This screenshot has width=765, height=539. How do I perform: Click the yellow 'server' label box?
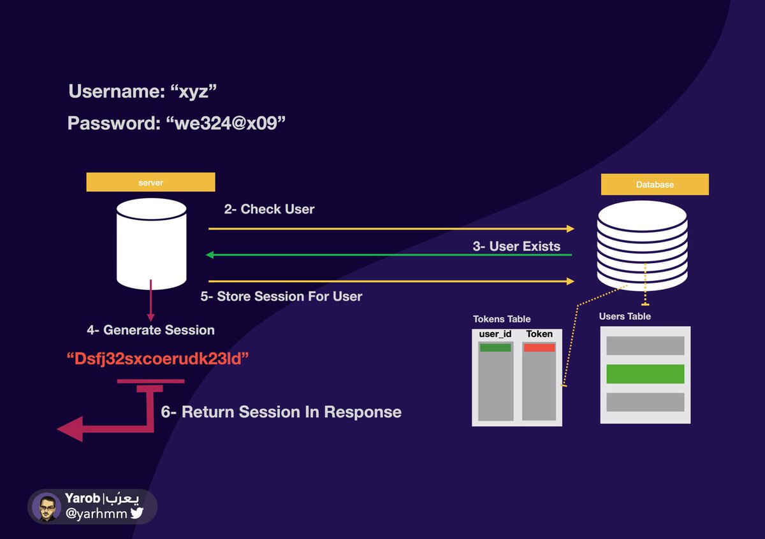point(150,183)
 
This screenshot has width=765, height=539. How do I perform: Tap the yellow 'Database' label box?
point(655,185)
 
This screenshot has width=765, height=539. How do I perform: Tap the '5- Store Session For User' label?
point(281,296)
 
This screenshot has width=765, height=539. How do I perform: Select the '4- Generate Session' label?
point(150,330)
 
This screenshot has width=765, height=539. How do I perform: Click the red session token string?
point(157,359)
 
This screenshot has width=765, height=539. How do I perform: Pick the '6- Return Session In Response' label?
point(281,412)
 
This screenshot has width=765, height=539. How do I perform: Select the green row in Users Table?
point(645,373)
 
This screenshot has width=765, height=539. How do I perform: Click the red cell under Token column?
point(539,347)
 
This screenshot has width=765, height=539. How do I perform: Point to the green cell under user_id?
point(495,348)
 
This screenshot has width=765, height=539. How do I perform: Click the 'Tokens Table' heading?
point(502,319)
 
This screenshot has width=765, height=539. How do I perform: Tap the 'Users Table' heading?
point(625,316)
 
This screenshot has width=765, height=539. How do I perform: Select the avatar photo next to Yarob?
point(47,507)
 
